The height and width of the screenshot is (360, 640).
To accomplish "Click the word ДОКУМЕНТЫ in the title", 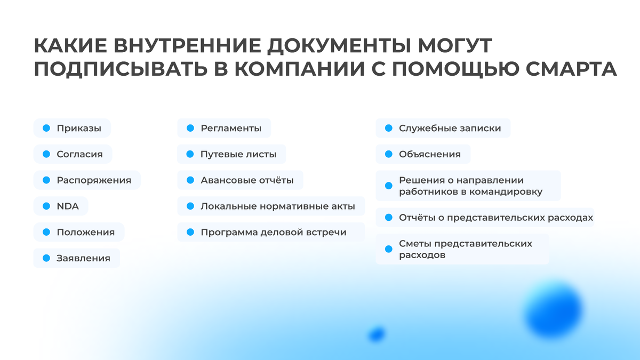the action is (339, 46).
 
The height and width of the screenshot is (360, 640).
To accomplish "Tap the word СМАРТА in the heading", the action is (571, 69).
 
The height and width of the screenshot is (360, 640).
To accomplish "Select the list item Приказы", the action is (79, 129).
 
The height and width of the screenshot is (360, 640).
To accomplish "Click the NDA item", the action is (68, 206).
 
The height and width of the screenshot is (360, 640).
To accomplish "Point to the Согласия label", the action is (79, 154).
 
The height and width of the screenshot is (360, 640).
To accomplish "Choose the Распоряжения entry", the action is (94, 180).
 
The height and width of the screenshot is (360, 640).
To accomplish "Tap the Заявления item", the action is (83, 258).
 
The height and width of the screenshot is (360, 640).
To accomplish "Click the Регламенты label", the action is (231, 129).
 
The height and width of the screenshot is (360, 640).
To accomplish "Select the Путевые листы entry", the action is (238, 154).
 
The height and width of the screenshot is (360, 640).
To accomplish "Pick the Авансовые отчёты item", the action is (247, 180).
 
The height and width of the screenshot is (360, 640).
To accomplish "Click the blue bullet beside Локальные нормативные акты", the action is (190, 206).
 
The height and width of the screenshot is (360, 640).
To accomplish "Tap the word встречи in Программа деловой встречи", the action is (326, 233).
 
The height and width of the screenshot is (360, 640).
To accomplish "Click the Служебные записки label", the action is (450, 129).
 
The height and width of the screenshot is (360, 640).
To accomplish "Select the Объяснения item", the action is (430, 154).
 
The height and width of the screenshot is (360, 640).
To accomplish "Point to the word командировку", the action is (506, 191).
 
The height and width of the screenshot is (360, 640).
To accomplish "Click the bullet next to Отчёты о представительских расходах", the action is (389, 218).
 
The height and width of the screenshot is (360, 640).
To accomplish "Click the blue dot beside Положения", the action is (46, 232).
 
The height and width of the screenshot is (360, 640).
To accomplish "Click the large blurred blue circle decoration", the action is (553, 310).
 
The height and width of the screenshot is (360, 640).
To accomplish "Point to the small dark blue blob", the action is (377, 334).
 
